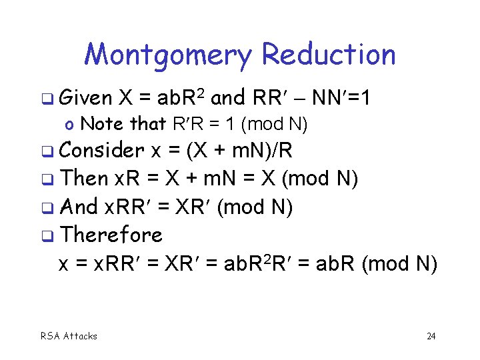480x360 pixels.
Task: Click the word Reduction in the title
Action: (328, 55)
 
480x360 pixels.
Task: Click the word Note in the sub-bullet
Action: (100, 123)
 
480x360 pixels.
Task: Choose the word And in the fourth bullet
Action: (78, 207)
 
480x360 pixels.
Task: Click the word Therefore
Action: (111, 235)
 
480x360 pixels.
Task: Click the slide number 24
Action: (431, 336)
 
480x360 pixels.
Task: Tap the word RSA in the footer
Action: (50, 336)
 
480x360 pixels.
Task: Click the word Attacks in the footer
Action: (80, 336)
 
